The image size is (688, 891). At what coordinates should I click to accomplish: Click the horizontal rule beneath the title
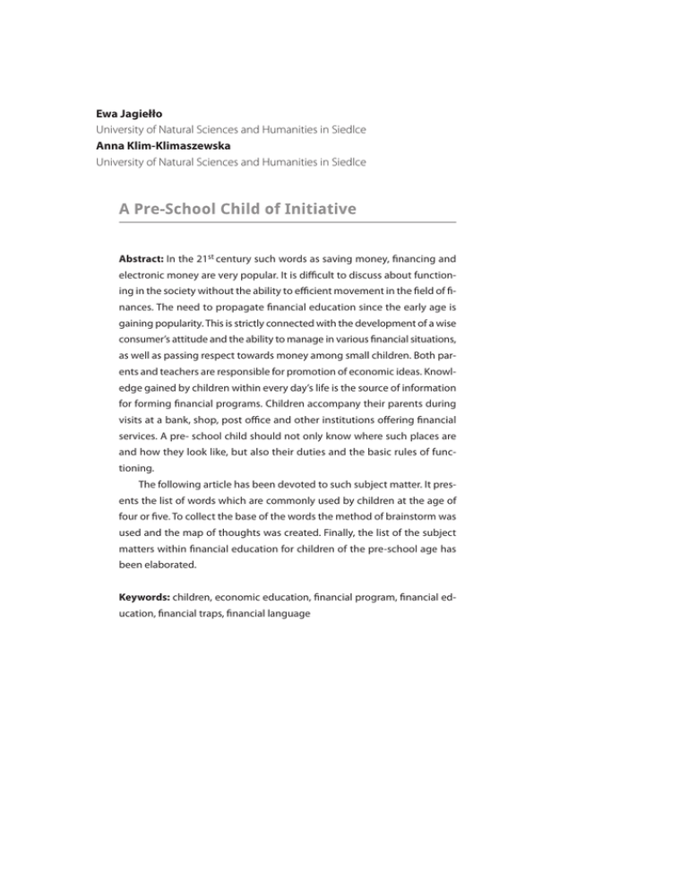pos(286,223)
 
